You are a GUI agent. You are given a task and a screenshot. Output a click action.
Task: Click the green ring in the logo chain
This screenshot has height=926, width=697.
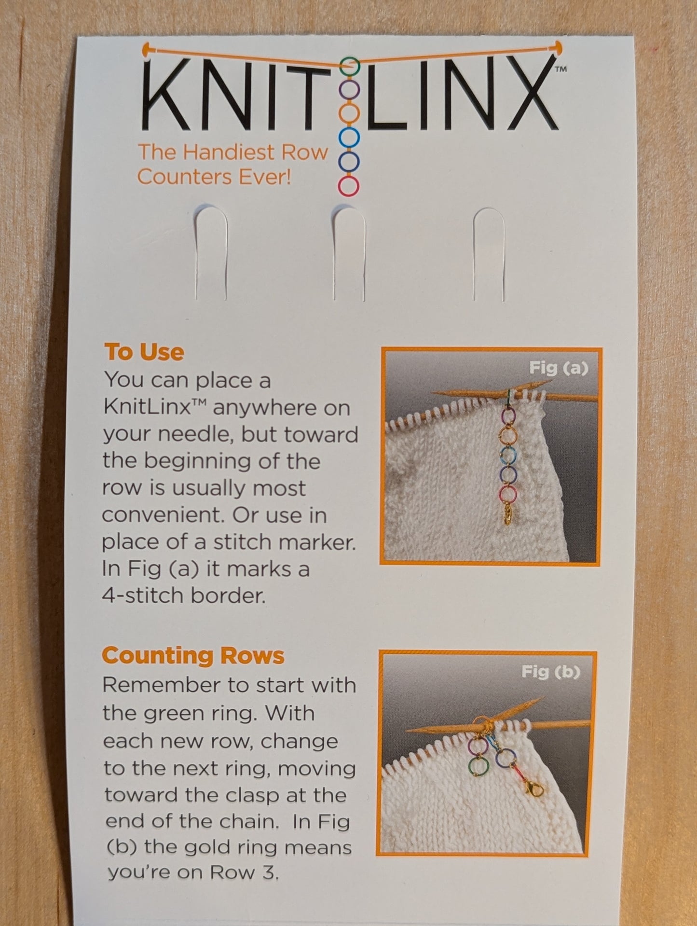(350, 66)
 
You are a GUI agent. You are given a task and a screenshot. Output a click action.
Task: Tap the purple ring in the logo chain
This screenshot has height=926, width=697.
(349, 89)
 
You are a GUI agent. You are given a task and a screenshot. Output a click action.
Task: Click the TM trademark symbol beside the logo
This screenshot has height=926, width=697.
(560, 69)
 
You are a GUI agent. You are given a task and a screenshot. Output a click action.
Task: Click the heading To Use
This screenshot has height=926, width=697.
(144, 352)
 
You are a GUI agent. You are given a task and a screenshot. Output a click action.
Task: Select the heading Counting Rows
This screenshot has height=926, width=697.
(193, 656)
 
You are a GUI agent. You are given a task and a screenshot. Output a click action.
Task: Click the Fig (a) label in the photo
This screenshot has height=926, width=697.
(559, 368)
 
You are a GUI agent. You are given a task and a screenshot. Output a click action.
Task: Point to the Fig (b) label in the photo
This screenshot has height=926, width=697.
(550, 672)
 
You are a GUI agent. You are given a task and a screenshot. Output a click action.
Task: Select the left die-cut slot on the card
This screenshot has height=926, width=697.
(211, 253)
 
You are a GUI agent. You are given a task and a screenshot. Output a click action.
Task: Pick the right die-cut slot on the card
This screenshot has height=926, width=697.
(489, 253)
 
